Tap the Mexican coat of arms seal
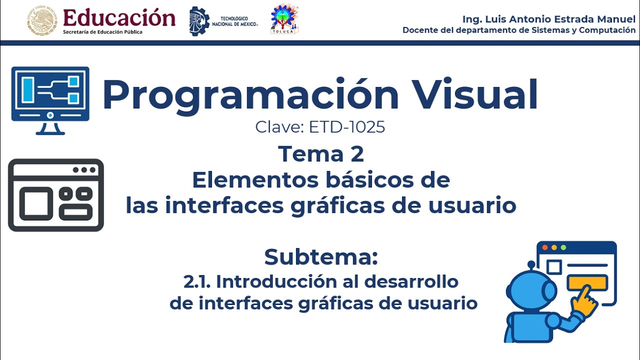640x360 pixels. point(42,21)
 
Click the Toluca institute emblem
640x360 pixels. point(284,19)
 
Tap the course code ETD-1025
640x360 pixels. point(347,127)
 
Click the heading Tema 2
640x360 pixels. point(320,153)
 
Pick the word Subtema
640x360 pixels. point(320,257)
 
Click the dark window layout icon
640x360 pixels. point(56,195)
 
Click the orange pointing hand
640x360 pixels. point(584,300)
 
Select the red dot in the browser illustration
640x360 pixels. point(545,247)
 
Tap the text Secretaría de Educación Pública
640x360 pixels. point(102,32)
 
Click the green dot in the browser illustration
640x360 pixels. point(563,247)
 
